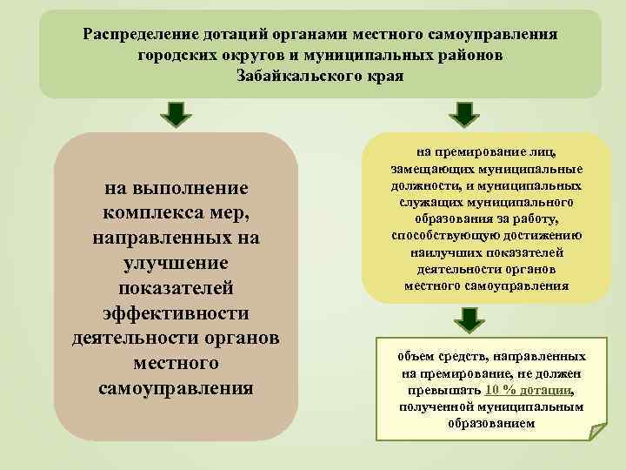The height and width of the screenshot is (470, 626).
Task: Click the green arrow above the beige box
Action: [176, 113]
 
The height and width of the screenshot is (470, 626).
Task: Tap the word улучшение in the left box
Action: [176, 262]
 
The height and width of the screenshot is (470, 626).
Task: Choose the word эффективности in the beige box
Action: [176, 312]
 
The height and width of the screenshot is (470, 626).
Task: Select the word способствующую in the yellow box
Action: [443, 236]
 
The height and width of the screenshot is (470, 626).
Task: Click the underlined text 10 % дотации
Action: [530, 390]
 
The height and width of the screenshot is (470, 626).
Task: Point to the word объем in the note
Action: [416, 357]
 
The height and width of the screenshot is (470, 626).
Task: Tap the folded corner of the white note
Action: [597, 429]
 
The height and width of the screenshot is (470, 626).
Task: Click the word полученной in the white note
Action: [435, 406]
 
